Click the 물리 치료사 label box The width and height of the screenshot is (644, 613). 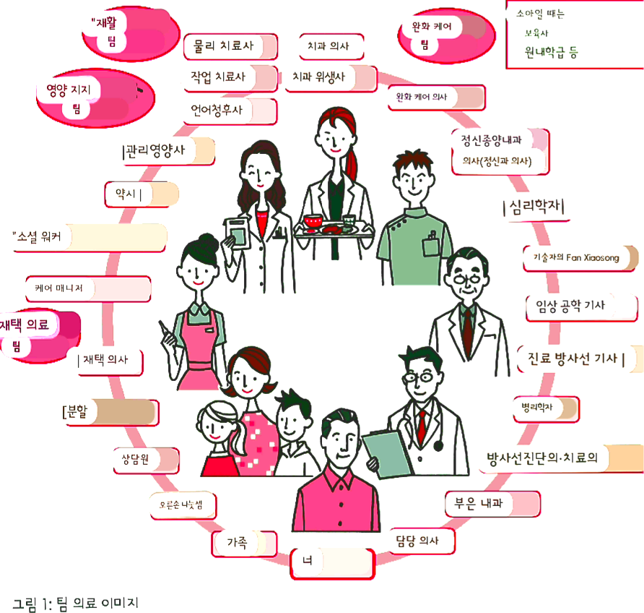click(x=230, y=46)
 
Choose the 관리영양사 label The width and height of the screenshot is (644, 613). click(x=168, y=151)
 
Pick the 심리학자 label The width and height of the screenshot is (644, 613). click(x=533, y=208)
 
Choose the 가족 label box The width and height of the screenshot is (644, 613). click(x=244, y=544)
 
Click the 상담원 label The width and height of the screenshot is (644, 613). click(x=145, y=460)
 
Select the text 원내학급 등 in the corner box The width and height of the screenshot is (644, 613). click(x=552, y=52)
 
